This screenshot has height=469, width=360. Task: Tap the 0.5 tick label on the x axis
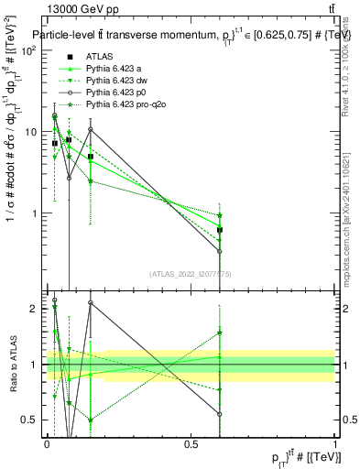[x=191, y=443]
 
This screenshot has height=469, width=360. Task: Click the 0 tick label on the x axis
[x=48, y=443]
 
